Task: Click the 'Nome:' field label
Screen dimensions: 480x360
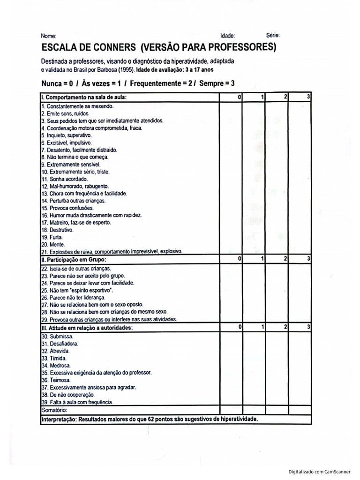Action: coord(48,36)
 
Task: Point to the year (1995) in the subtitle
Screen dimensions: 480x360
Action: coord(125,69)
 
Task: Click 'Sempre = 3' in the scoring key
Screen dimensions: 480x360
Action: coord(217,83)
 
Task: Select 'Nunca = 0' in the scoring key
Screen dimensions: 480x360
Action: coord(58,83)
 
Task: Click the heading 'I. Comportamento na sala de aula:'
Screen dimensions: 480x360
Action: coord(83,97)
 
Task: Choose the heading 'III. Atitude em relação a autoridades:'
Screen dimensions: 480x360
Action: coord(87,327)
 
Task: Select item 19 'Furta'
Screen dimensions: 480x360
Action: coord(49,237)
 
